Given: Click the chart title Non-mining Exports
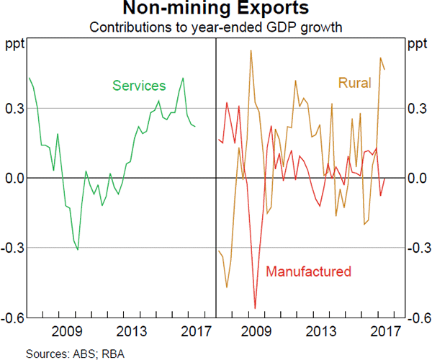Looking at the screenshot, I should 215,9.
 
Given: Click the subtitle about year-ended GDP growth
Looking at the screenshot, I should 215,28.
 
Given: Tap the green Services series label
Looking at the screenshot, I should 139,85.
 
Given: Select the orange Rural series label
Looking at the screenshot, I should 354,83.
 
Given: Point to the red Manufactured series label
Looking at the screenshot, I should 308,271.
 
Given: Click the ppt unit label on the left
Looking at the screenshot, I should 14,45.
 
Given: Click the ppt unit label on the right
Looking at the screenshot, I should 417,45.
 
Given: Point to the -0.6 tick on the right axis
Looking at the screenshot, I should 418,318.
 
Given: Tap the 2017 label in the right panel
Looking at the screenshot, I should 386,332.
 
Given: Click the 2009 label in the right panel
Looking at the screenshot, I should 256,332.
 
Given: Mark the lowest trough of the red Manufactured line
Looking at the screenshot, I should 255,308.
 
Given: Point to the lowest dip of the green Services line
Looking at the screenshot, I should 78,249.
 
